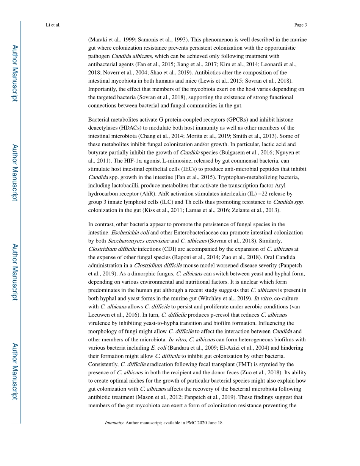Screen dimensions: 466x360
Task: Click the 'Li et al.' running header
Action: point(53,25)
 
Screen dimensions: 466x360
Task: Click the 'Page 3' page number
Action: point(300,25)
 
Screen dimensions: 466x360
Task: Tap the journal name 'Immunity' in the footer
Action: point(114,423)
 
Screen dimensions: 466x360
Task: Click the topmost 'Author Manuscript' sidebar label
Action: point(14,73)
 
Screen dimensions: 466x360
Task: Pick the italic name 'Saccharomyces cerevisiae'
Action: point(138,241)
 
